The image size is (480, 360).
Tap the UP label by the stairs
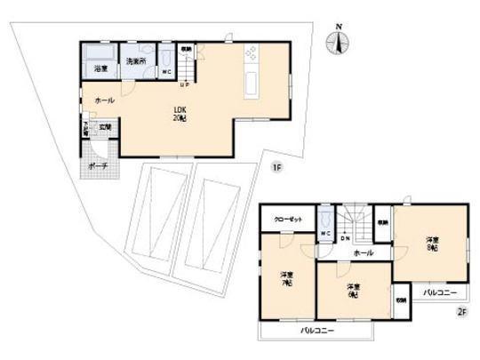[184, 85]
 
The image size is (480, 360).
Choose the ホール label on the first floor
[104, 102]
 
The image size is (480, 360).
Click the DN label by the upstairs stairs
[345, 238]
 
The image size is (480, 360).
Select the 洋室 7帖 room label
[288, 278]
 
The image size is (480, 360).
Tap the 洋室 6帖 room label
[353, 291]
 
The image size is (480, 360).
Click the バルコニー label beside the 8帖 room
[439, 292]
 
